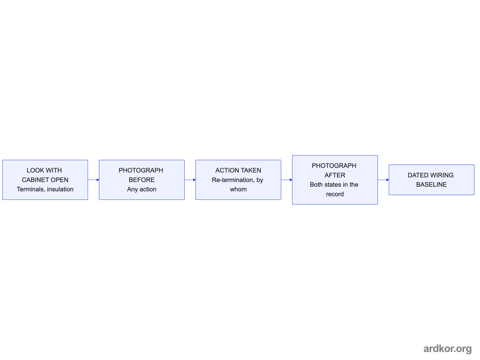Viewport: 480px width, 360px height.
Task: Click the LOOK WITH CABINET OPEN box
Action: [45, 180]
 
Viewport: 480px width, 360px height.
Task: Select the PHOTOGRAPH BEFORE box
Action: [142, 180]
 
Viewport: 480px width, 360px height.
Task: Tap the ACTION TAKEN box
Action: [238, 180]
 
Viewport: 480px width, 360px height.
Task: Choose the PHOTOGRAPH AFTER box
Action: [335, 180]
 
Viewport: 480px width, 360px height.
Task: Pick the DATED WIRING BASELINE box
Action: [431, 180]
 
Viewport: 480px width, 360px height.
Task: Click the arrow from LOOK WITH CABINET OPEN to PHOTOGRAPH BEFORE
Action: [94, 180]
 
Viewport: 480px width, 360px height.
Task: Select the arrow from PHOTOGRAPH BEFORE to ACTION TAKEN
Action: [190, 180]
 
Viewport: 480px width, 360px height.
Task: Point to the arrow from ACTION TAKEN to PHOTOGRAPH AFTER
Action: [287, 180]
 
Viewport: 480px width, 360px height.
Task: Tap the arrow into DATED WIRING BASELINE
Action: [383, 180]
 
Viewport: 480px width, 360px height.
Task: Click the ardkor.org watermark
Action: [448, 349]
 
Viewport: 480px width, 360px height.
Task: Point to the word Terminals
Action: [31, 189]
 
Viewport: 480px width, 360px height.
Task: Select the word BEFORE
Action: [142, 180]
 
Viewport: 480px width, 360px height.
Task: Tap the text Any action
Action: [142, 189]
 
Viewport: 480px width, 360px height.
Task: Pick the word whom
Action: [238, 189]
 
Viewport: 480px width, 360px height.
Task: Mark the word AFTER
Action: [335, 175]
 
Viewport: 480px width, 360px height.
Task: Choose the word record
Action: [335, 194]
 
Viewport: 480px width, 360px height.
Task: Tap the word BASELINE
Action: [431, 184]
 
